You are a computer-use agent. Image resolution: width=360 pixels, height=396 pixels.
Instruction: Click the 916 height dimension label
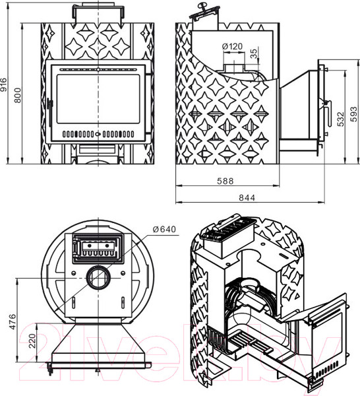coord(4,84)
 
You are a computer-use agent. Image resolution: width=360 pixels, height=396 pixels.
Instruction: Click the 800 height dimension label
coord(18,95)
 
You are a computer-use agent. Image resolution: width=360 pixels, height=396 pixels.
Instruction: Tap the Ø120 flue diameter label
coord(232,46)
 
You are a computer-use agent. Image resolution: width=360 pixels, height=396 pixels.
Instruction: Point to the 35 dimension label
coord(254,53)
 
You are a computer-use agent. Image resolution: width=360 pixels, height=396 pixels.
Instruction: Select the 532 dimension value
coord(341,119)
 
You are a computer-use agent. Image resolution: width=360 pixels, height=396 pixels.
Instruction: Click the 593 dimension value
coord(353,114)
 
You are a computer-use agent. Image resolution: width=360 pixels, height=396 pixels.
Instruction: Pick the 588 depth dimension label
coord(225,181)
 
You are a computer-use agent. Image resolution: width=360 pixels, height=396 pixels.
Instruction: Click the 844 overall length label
coord(247,197)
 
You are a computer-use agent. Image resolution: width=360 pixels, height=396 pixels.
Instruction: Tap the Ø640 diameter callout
coord(164,229)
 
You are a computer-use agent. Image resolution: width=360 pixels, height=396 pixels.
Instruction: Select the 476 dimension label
coord(12,321)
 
